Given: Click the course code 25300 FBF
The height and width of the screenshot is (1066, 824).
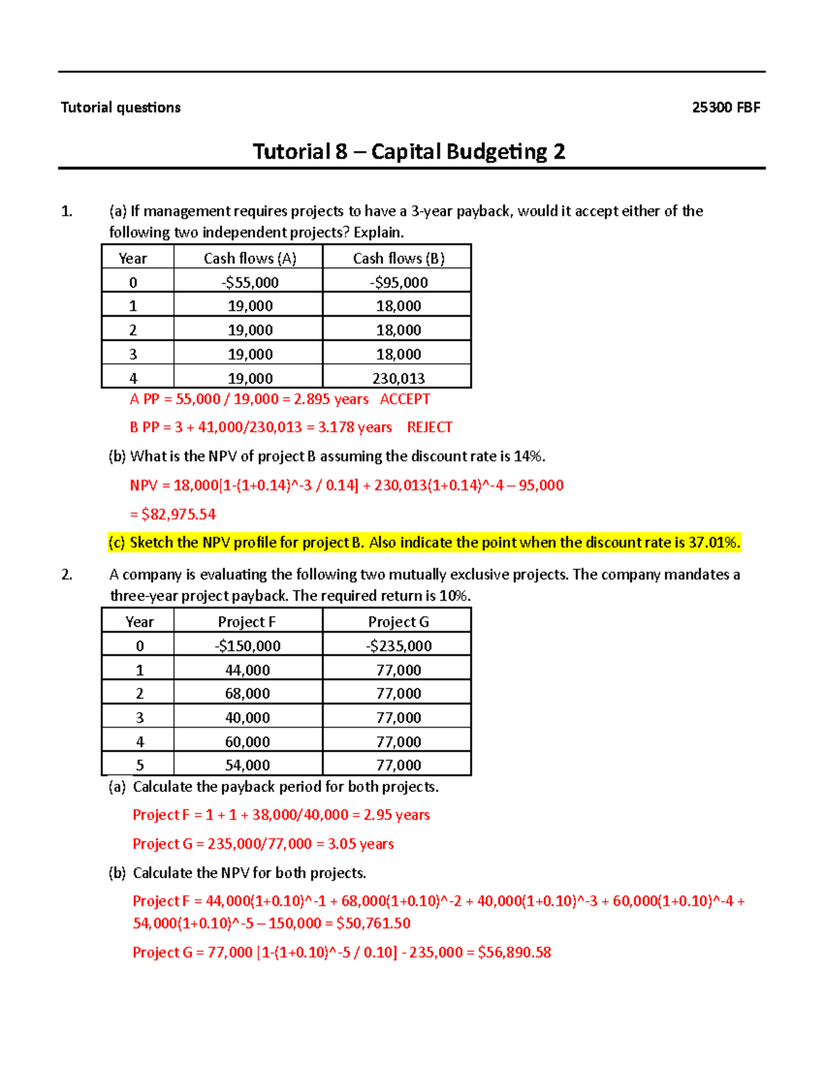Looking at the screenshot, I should click(726, 108).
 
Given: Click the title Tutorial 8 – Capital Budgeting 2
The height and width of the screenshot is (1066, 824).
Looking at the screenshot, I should click(409, 152).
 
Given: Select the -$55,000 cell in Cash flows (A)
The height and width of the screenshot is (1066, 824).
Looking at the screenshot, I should click(250, 282).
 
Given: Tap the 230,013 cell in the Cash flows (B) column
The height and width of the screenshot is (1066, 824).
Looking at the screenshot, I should click(398, 378).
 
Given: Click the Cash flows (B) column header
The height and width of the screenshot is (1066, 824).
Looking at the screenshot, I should click(398, 258).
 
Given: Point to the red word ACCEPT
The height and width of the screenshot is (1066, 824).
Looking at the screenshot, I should click(405, 399).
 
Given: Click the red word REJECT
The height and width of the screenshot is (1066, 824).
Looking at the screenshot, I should click(429, 428).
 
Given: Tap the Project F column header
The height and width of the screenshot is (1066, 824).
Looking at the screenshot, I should click(247, 622).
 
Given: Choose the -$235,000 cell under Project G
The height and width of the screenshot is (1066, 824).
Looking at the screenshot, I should click(398, 646).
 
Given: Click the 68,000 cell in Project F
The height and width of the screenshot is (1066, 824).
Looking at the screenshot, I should click(247, 693).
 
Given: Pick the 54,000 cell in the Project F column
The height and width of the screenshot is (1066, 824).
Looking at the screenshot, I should click(247, 765).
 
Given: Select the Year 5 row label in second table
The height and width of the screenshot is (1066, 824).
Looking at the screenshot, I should click(139, 765).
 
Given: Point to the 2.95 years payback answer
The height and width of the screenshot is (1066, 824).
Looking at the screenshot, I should click(396, 815).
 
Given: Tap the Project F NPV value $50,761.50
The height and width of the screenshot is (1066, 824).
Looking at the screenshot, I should click(374, 923).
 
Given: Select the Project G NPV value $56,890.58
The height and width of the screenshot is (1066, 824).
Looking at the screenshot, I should click(514, 952).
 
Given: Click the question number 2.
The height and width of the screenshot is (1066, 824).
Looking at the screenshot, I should click(67, 575).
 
